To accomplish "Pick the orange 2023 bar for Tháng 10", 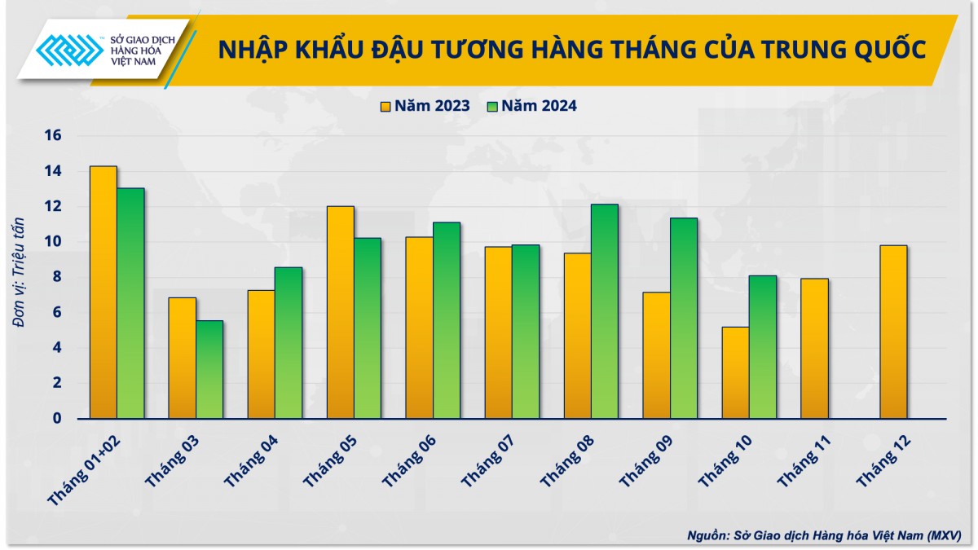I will click(735, 372).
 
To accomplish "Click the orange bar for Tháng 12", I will click(893, 332).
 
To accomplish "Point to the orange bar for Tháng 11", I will click(814, 348).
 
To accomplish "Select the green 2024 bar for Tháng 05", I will click(367, 328).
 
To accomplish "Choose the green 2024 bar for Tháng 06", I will click(446, 319).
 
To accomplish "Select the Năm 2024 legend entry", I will click(531, 105).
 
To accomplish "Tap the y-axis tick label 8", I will click(57, 277).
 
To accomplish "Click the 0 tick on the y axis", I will click(57, 418).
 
